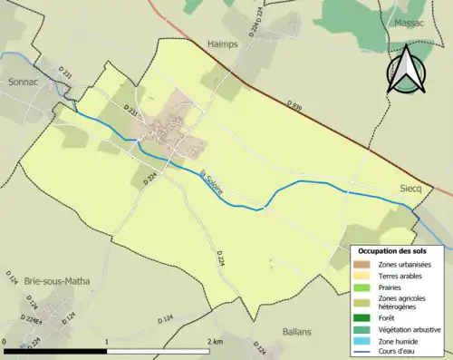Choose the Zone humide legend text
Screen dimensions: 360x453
(399, 342)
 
